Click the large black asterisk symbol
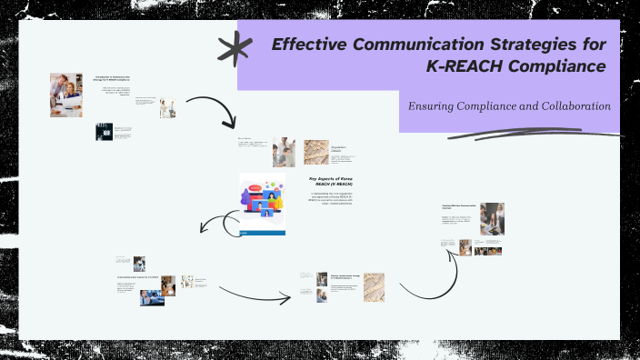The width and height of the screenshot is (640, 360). click(x=235, y=50)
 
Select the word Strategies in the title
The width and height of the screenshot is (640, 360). click(x=516, y=43)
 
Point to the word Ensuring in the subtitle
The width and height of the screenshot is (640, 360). click(x=435, y=106)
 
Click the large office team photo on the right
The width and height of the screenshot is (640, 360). click(x=492, y=219)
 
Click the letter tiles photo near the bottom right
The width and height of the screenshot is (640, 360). click(x=374, y=287)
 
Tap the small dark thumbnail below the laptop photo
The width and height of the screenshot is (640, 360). click(x=103, y=132)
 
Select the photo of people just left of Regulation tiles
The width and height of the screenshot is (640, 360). click(x=284, y=151)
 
